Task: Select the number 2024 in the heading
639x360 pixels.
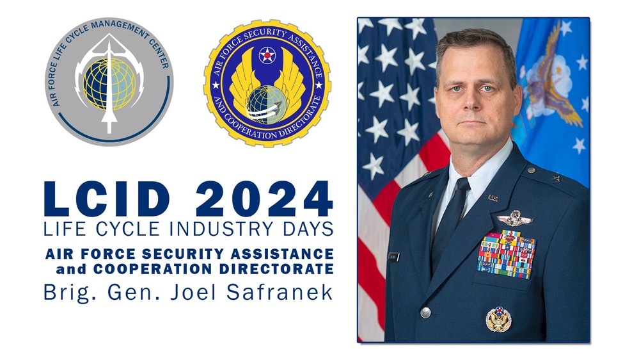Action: pos(264,199)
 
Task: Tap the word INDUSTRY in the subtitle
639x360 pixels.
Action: pos(215,229)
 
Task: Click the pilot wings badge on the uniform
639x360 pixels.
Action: pos(515,219)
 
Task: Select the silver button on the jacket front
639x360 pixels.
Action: pos(425,312)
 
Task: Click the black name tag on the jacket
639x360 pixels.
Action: pos(394,257)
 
